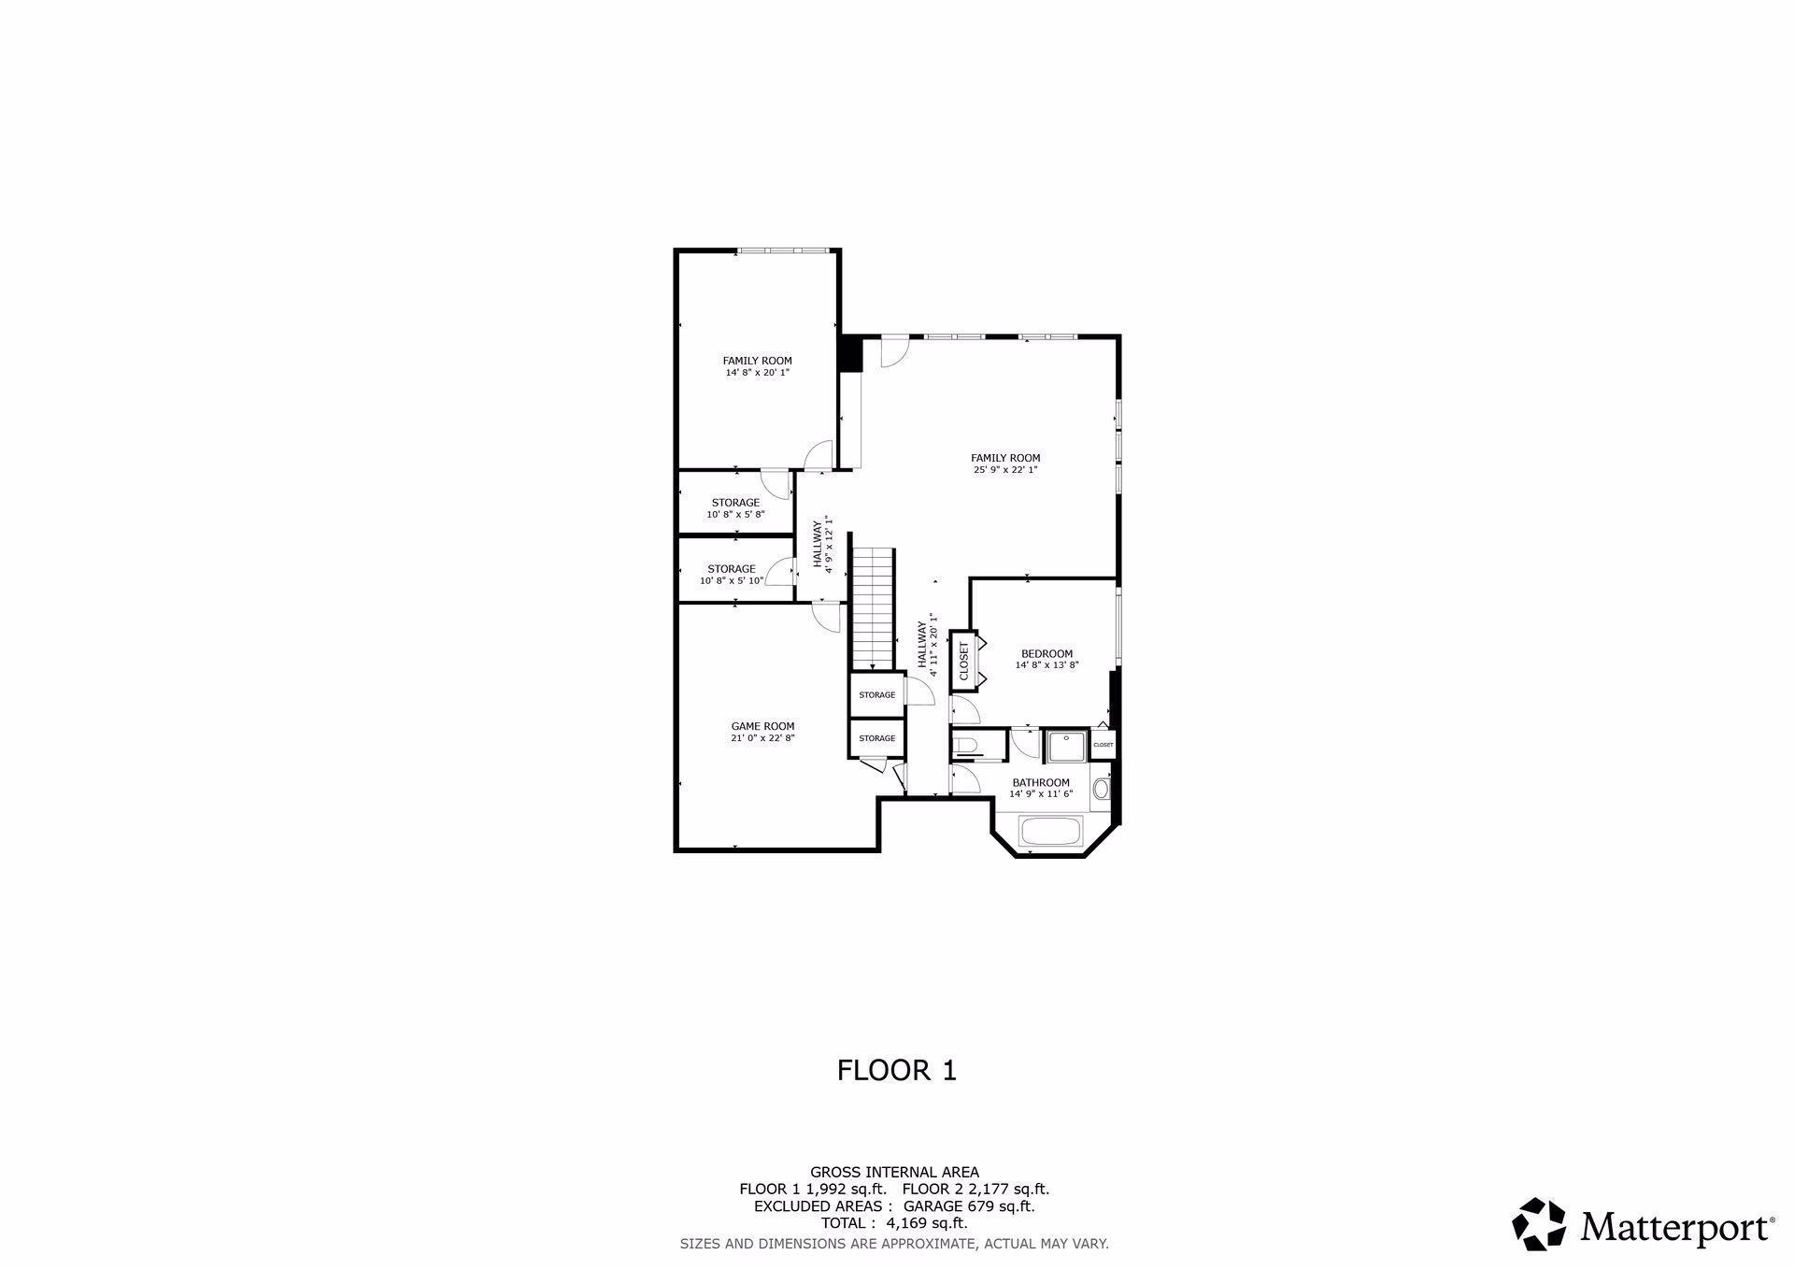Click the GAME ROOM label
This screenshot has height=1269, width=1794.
coord(762,726)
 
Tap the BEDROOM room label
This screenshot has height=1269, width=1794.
coord(1046,654)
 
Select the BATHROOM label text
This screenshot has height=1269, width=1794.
coord(1041,783)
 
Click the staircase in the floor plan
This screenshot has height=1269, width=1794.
coord(873,607)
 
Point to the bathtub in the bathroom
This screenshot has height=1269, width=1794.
coord(1050,832)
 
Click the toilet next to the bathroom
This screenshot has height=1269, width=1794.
coord(966,746)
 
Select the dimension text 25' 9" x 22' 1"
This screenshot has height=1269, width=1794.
coord(1005,470)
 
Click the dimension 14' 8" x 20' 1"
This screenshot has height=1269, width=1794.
coord(757,373)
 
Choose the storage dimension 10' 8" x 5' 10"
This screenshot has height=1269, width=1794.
coord(732,580)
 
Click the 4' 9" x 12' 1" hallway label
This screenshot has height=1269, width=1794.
coord(822,545)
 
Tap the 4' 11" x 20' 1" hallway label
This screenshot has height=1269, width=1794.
coord(927,645)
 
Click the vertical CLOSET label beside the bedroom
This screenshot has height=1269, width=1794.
coord(964,661)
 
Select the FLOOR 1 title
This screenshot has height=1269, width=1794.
coord(896,1070)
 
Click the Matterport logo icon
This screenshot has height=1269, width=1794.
coord(1539,1223)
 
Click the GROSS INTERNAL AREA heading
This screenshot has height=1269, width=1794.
coord(894,1172)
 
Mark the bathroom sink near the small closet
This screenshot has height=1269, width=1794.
coord(1101,791)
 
